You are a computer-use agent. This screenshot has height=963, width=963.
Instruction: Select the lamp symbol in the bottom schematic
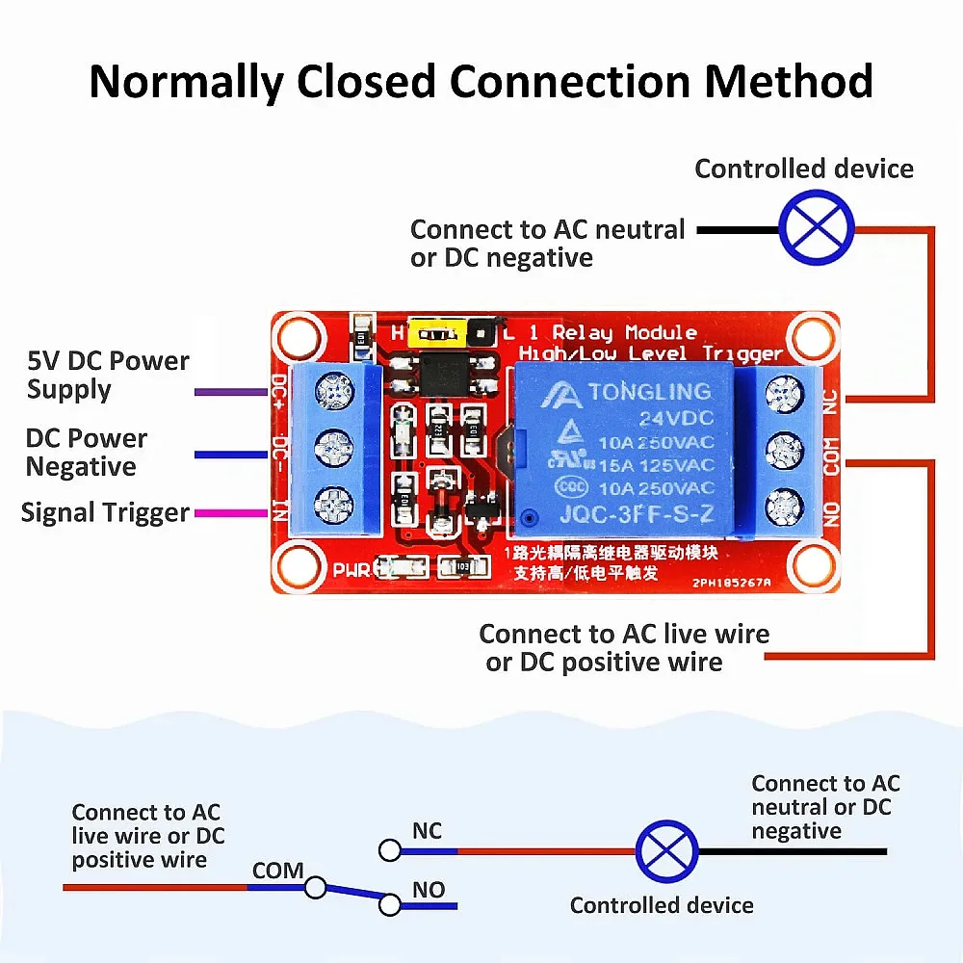(x=666, y=851)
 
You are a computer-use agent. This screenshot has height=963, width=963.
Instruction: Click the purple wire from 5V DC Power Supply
(x=230, y=392)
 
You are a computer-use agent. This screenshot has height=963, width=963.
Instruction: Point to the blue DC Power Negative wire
(x=230, y=454)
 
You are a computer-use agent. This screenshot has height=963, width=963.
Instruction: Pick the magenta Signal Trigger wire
(x=230, y=513)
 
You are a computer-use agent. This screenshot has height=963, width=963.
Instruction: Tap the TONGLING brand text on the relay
(x=649, y=392)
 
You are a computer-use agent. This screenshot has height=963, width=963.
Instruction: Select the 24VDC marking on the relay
(x=674, y=419)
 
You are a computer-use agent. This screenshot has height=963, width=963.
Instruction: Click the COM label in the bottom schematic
(x=277, y=871)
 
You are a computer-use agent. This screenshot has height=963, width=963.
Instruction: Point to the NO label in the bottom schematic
(x=429, y=890)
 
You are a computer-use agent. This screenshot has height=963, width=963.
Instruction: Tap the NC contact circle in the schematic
(x=389, y=850)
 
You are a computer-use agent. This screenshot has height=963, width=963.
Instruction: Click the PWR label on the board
(x=351, y=569)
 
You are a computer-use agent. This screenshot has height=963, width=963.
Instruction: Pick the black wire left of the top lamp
(x=737, y=230)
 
